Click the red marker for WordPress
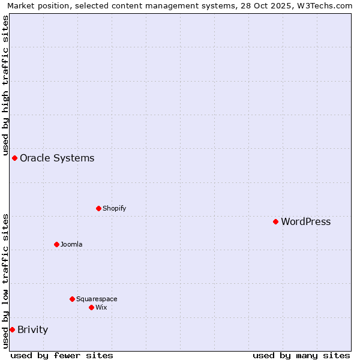click(x=275, y=221)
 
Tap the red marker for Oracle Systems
click(x=14, y=158)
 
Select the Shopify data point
click(x=98, y=208)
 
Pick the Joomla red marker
click(x=56, y=244)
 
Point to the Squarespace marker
click(x=72, y=299)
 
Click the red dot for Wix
click(x=91, y=307)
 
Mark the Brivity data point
click(x=12, y=329)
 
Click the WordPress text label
click(x=305, y=221)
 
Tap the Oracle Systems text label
click(x=57, y=158)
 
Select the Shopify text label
click(x=114, y=208)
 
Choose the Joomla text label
click(x=71, y=244)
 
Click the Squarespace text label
click(x=97, y=299)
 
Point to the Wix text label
click(x=101, y=307)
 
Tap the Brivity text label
click(x=32, y=329)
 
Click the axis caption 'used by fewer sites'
click(x=62, y=355)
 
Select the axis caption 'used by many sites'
click(x=301, y=355)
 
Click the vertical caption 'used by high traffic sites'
click(x=5, y=85)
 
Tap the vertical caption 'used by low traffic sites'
click(x=5, y=281)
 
